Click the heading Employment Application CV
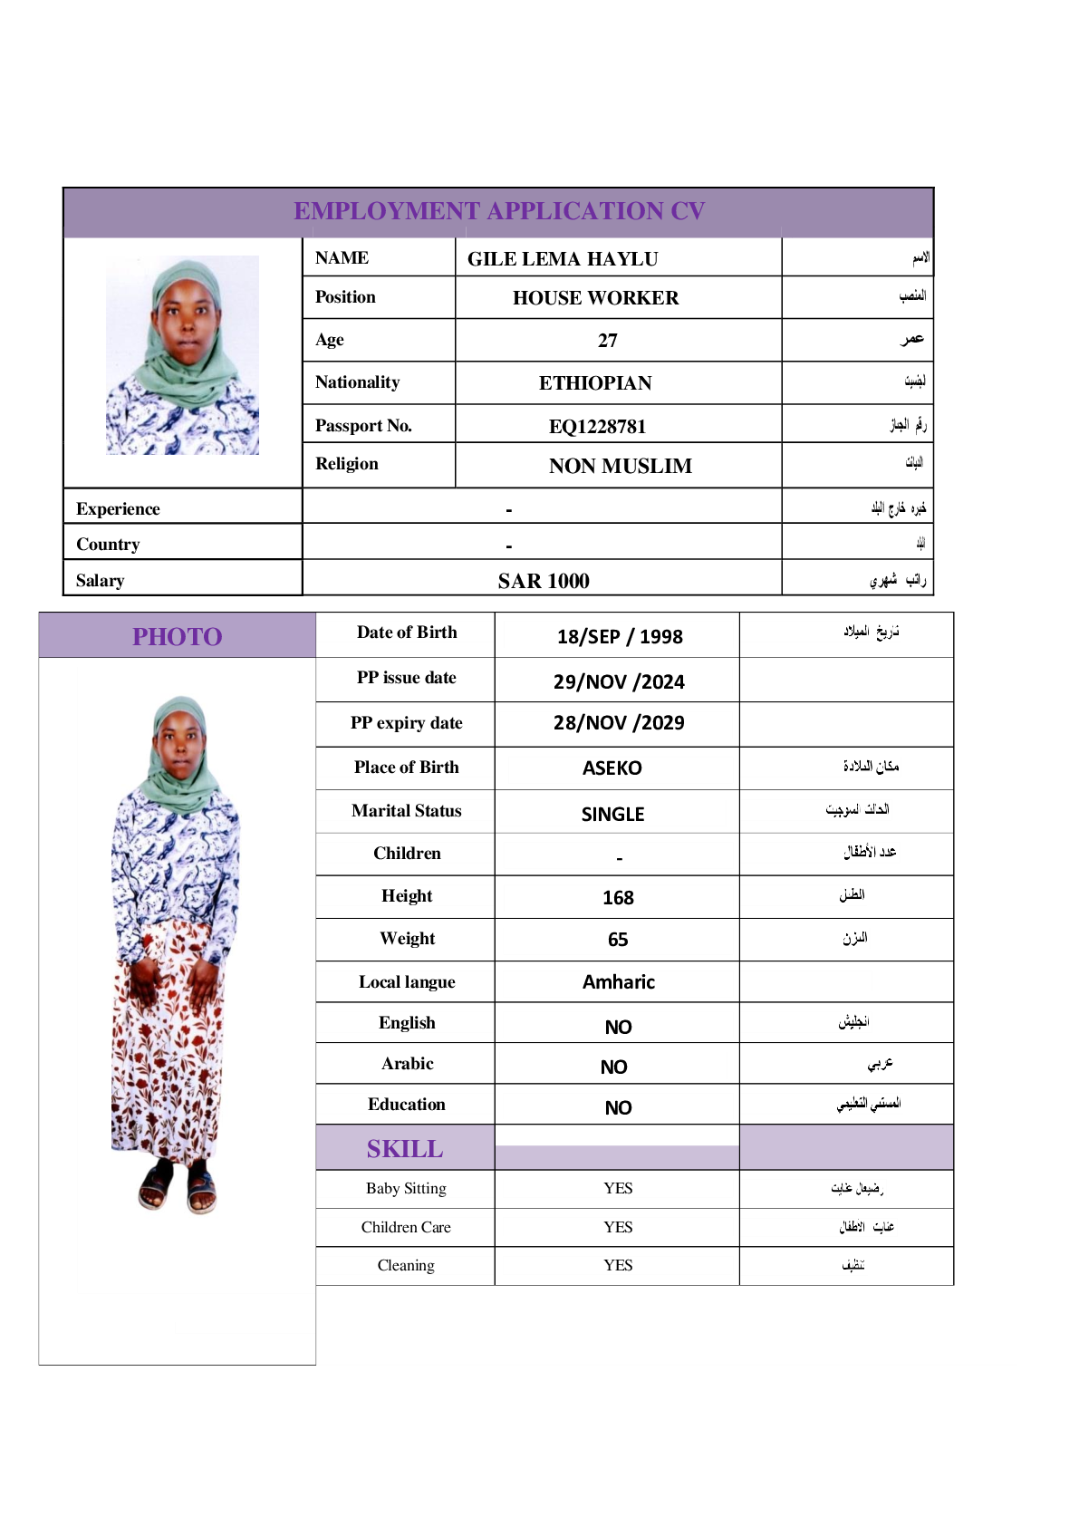(x=498, y=211)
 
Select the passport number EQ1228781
(x=597, y=427)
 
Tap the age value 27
(x=607, y=341)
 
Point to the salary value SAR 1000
(x=544, y=581)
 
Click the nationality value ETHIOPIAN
(x=595, y=383)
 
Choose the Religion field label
(x=347, y=464)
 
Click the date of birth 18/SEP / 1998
(x=620, y=637)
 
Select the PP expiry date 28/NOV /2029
(x=619, y=723)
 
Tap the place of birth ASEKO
(x=612, y=768)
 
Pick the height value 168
(x=618, y=898)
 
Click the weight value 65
(x=618, y=940)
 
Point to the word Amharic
(x=618, y=982)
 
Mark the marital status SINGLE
(x=612, y=815)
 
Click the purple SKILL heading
(x=405, y=1149)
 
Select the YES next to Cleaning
(x=618, y=1265)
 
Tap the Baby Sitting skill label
(x=406, y=1188)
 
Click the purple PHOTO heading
(x=178, y=637)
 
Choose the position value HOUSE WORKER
(x=595, y=298)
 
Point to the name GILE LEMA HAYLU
(x=563, y=259)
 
